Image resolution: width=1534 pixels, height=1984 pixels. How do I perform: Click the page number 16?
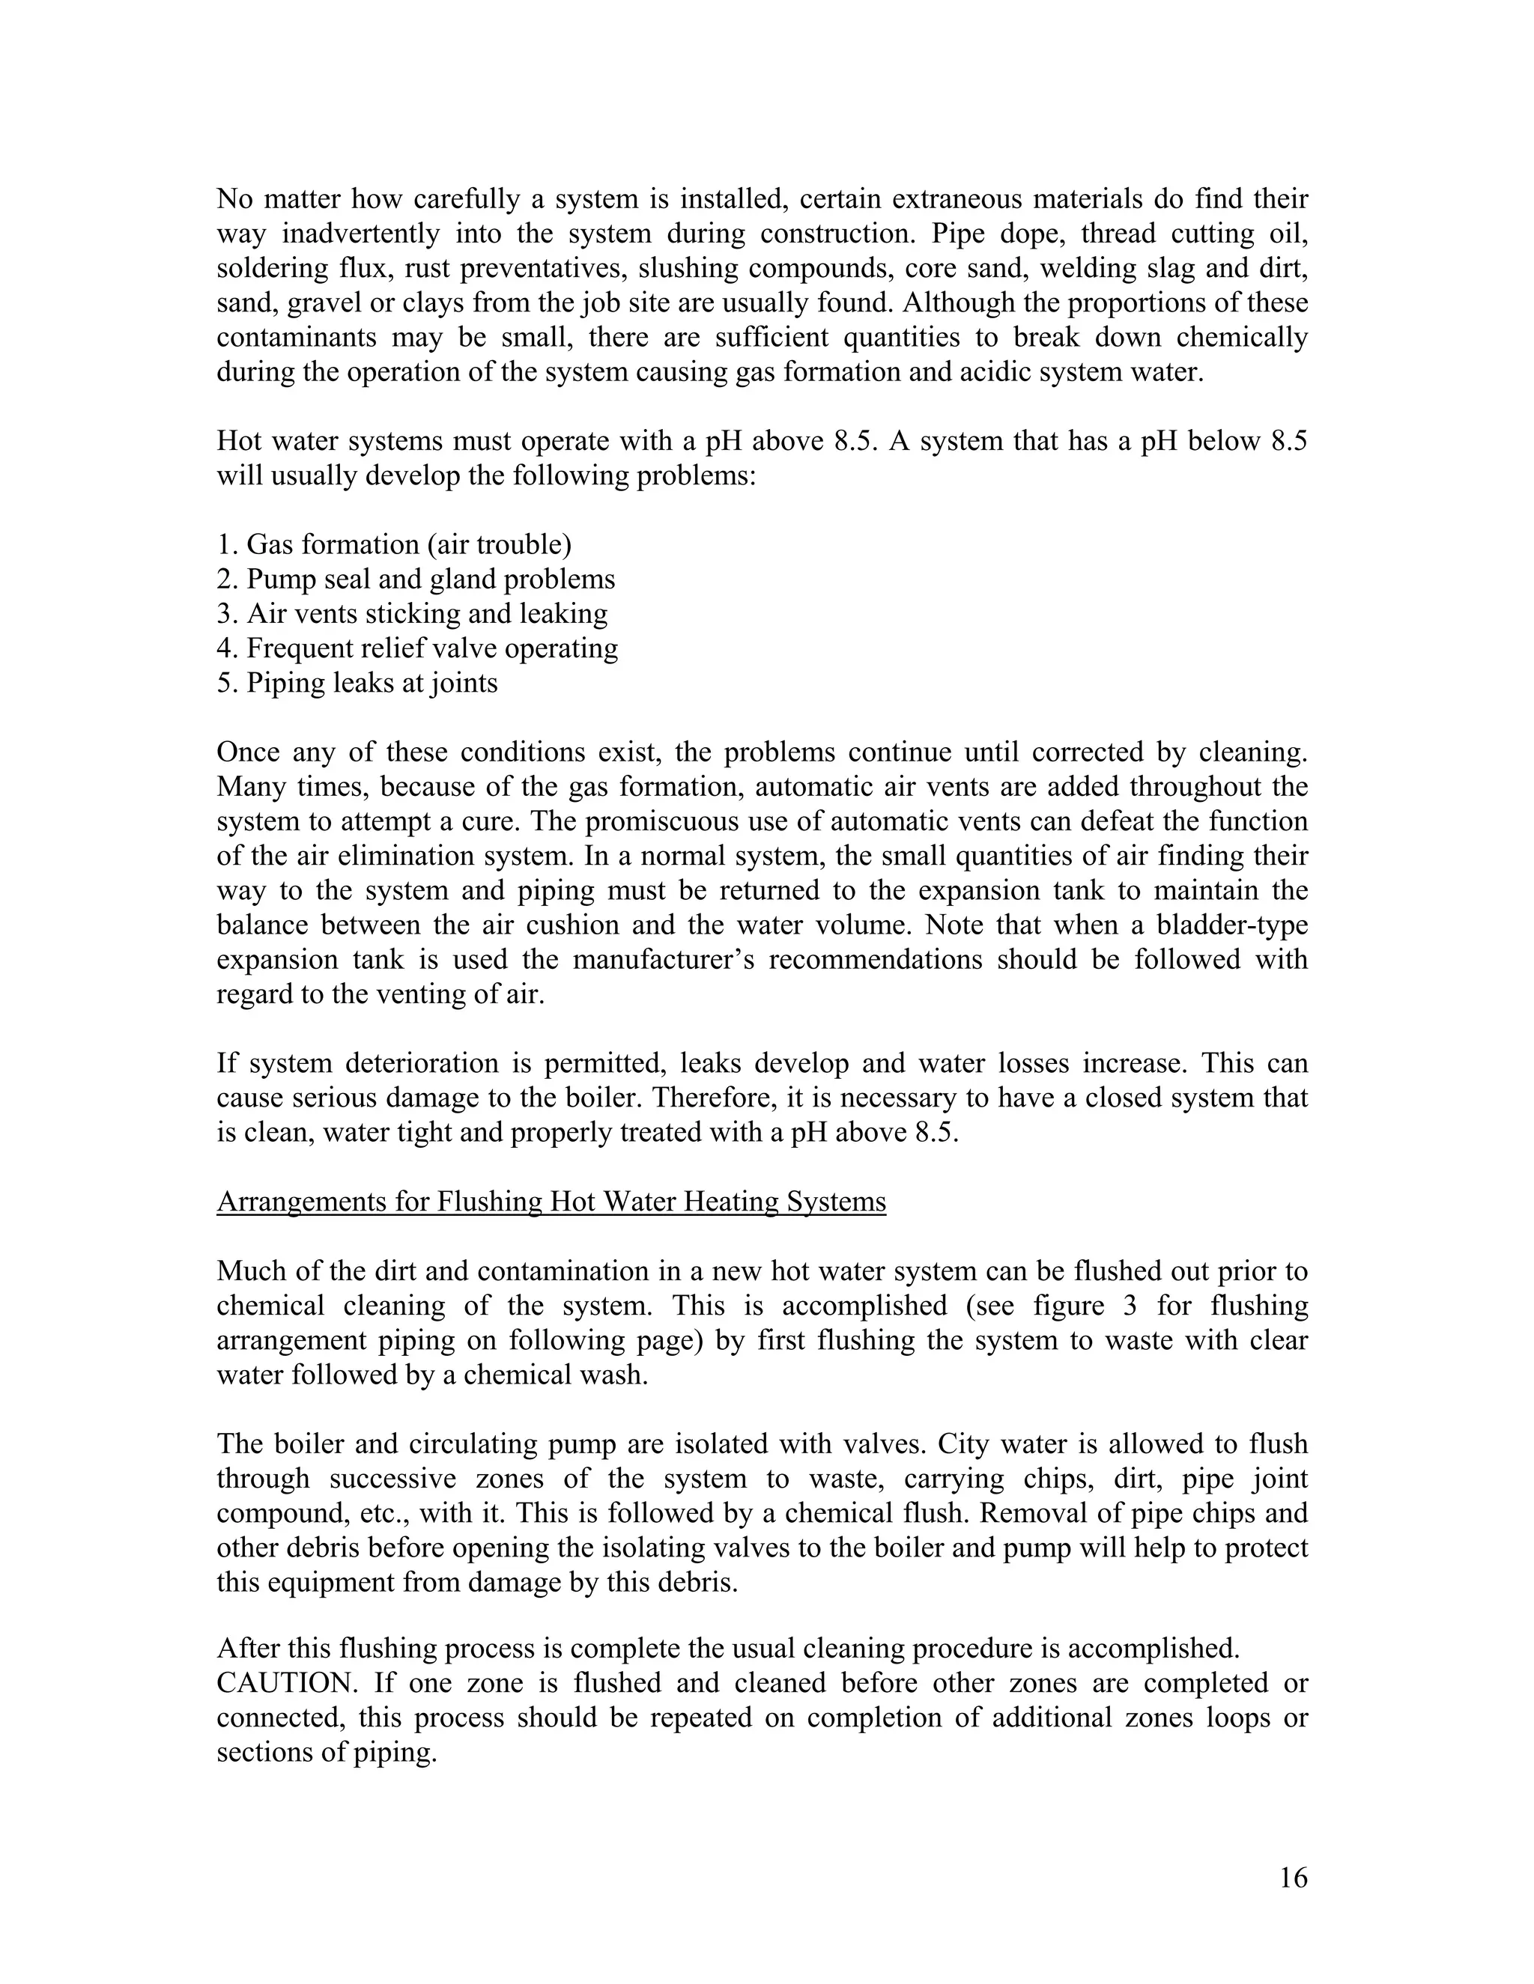[1293, 1878]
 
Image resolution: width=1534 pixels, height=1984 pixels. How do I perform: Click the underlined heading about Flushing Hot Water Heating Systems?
[551, 1202]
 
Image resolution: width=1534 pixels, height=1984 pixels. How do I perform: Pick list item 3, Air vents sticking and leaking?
[412, 613]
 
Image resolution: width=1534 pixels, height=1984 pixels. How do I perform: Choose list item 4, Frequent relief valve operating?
[417, 648]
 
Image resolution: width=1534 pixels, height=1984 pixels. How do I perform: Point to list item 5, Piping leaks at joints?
[357, 682]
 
